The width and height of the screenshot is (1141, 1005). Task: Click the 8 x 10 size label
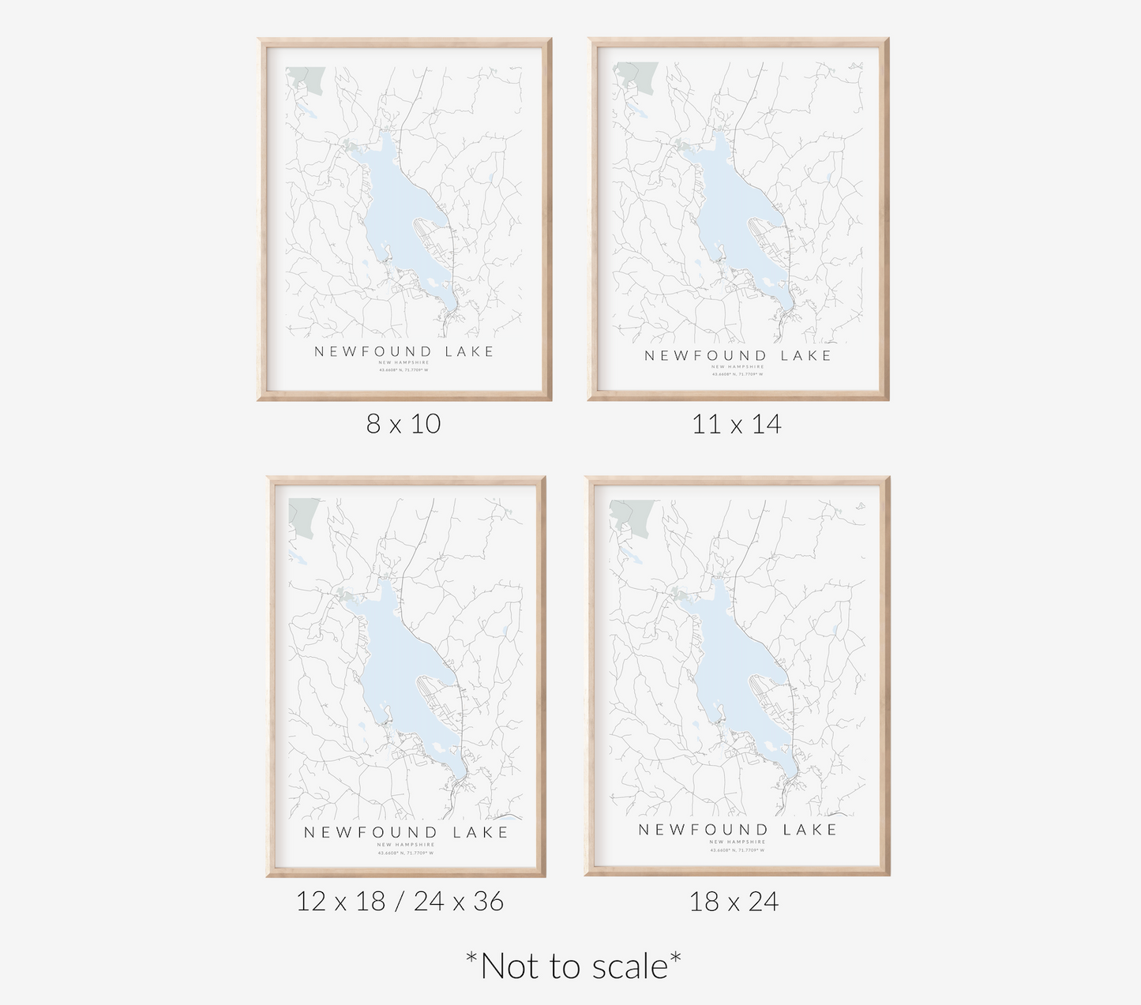[x=403, y=424]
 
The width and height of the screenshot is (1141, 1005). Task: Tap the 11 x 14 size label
[x=737, y=425]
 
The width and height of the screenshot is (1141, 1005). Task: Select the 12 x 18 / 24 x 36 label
[x=400, y=901]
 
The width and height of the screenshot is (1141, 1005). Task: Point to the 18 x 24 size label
[x=734, y=901]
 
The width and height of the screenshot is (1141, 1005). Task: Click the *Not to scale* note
[x=573, y=966]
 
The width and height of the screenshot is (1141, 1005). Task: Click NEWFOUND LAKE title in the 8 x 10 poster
[x=404, y=351]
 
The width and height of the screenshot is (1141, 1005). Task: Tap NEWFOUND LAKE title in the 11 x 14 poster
[x=738, y=355]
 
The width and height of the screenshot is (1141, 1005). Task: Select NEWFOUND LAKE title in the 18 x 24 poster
[x=738, y=829]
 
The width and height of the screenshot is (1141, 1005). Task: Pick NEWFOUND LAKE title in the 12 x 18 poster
[x=406, y=832]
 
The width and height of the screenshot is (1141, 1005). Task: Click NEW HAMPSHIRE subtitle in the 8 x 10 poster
[x=403, y=362]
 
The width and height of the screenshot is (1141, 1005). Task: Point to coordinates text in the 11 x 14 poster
[x=738, y=374]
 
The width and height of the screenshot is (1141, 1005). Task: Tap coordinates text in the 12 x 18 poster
[x=405, y=853]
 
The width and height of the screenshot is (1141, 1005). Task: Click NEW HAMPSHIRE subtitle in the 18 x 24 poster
[x=738, y=842]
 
